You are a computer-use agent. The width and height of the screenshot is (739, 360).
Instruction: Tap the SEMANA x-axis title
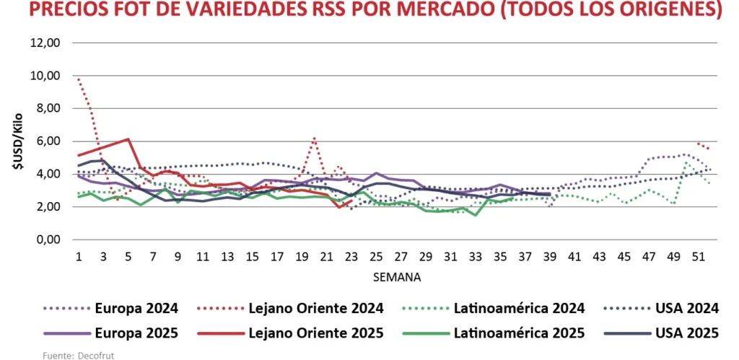pyautogui.click(x=398, y=276)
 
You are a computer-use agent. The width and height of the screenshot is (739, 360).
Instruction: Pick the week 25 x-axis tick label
pyautogui.click(x=376, y=257)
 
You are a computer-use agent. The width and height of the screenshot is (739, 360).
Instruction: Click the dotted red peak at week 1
pyautogui.click(x=78, y=78)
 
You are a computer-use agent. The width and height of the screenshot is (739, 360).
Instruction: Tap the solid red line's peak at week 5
pyautogui.click(x=128, y=139)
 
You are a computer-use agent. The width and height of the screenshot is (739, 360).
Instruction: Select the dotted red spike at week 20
pyautogui.click(x=314, y=137)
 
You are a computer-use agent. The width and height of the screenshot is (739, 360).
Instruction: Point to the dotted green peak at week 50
pyautogui.click(x=686, y=162)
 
